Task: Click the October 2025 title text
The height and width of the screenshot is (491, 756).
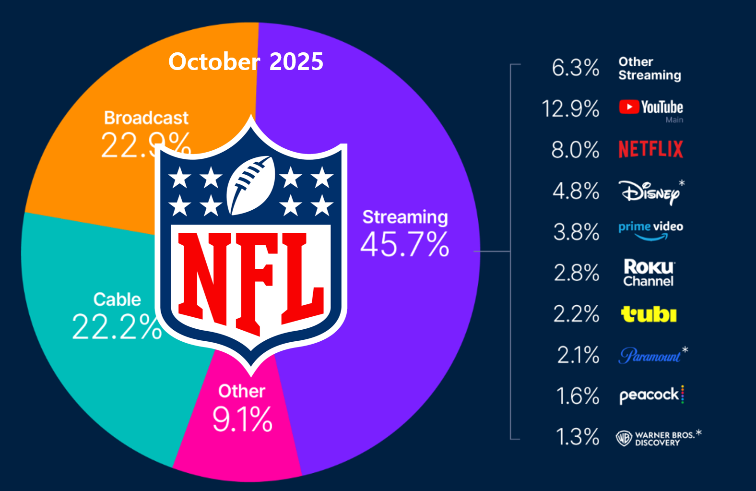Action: pos(246,62)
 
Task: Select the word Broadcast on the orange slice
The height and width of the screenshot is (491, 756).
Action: pos(146,118)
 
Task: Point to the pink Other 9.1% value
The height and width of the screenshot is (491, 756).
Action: pos(242,419)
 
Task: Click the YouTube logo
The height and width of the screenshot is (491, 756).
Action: pos(650,107)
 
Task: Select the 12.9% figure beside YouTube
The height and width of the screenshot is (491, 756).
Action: pos(570,108)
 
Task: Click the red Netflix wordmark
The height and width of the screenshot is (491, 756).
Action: pos(650,149)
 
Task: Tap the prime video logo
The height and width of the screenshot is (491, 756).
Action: pos(650,230)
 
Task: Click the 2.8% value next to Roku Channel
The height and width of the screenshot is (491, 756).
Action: pos(576,273)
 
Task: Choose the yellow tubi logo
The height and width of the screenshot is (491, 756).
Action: pos(649,314)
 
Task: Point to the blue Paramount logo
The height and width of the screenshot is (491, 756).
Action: pos(650,356)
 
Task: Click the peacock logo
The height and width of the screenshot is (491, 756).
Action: pos(650,395)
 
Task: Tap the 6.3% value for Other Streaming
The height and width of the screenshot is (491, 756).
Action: pos(575,68)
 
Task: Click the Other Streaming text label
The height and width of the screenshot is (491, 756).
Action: pos(649,69)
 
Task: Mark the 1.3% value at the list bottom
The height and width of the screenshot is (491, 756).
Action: pos(577,437)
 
